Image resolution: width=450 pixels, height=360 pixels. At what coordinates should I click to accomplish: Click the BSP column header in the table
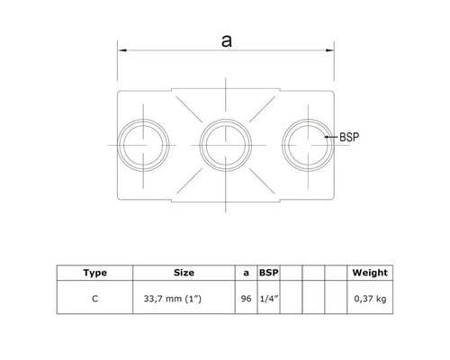pyautogui.click(x=267, y=271)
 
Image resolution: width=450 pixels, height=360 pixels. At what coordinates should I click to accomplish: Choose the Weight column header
pyautogui.click(x=371, y=271)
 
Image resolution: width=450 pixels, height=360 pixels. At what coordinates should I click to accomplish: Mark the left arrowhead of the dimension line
pyautogui.click(x=121, y=52)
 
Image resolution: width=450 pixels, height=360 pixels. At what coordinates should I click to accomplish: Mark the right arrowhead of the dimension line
pyautogui.click(x=332, y=52)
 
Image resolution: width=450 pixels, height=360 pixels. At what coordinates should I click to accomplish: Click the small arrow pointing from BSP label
pyautogui.click(x=328, y=138)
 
